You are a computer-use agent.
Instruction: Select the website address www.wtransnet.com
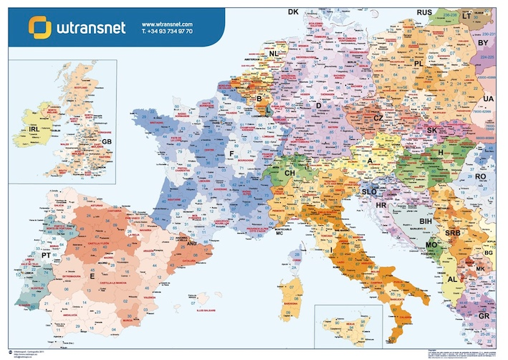pos(168,24)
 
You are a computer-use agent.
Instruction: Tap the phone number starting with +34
pos(167,32)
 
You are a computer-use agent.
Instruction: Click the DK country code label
pos(293,12)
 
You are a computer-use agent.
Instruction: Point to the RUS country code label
pos(424,12)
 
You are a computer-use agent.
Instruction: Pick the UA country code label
pos(489,98)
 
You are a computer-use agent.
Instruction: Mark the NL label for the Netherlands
pos(274,54)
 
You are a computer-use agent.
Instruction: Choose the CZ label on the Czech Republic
pos(378,118)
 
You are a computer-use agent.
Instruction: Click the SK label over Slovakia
pos(432,131)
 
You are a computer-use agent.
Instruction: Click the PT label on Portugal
pos(46,255)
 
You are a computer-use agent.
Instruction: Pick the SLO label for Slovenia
pos(370,191)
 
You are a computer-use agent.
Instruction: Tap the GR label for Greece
pos(484,316)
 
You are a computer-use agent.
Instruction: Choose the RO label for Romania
pos(480,176)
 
